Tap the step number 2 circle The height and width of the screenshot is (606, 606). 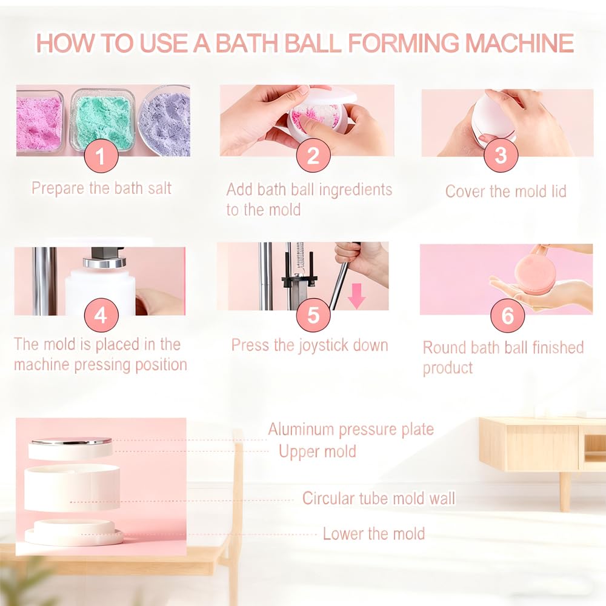313,156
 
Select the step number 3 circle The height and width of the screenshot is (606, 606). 501,156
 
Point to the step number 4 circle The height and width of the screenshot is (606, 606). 101,316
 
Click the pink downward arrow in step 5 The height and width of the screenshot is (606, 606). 356,296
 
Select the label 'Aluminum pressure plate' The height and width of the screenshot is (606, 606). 351,430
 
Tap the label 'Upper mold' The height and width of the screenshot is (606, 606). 317,451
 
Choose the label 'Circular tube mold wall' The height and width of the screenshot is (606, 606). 379,499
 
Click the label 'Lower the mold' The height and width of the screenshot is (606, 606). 373,534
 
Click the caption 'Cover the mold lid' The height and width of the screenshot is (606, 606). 505,191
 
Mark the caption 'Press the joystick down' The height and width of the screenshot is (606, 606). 309,345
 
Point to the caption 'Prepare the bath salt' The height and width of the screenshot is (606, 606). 101,188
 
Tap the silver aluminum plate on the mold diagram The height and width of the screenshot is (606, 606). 71,441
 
